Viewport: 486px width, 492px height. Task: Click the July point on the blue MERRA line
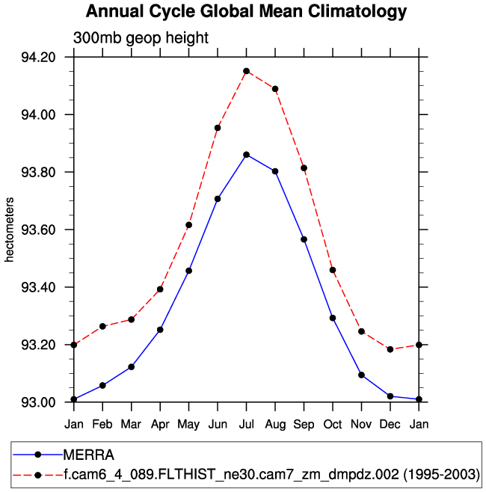[x=246, y=155]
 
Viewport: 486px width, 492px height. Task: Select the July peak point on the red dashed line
[x=246, y=71]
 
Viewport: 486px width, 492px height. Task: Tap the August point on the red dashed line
[x=275, y=89]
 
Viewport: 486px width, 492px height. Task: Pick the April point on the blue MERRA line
[x=160, y=330]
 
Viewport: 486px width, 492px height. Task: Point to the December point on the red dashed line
[x=390, y=349]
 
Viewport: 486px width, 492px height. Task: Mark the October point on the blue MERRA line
[x=333, y=318]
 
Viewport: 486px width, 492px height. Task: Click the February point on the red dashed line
[x=102, y=327]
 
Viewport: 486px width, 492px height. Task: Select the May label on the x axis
[x=188, y=425]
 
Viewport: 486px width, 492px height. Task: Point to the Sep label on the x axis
[x=304, y=425]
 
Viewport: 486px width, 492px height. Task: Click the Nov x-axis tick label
[x=361, y=425]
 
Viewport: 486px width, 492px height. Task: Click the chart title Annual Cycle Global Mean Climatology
[x=246, y=12]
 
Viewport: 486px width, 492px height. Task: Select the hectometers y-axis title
[x=10, y=230]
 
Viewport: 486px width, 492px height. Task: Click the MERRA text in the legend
[x=88, y=455]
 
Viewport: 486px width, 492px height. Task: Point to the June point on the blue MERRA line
[x=218, y=199]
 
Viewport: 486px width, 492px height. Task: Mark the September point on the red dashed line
[x=304, y=168]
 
